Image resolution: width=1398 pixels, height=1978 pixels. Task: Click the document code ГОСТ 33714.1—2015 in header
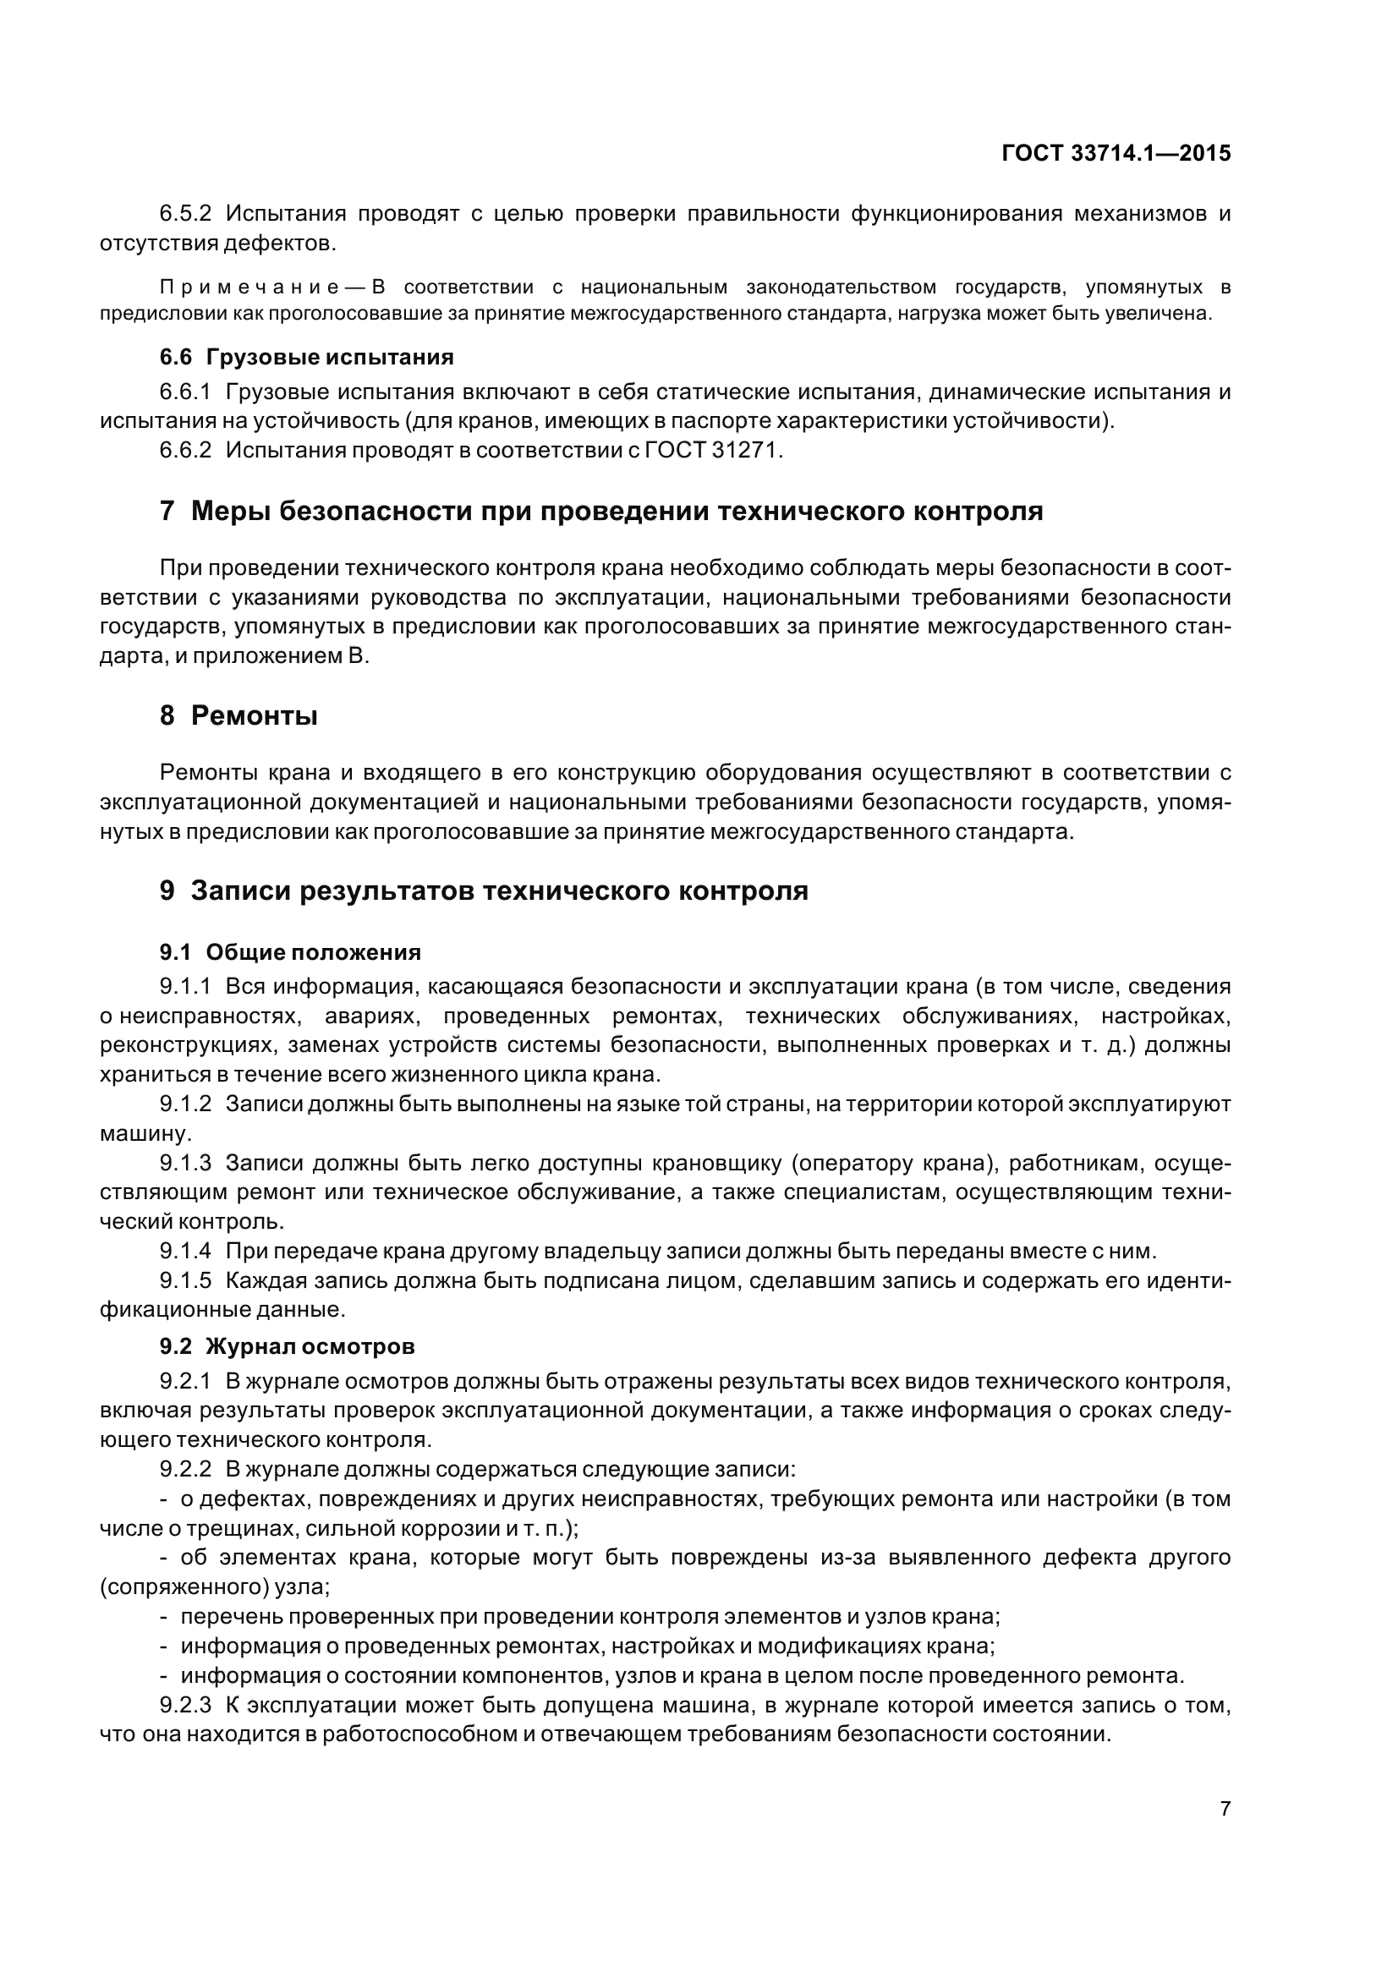[1116, 153]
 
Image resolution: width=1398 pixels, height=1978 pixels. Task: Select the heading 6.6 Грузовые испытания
[307, 357]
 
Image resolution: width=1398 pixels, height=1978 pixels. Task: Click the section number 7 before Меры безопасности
[167, 512]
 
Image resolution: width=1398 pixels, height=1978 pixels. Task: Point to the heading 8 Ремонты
[238, 715]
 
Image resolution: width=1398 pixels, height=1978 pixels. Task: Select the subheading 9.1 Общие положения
[290, 952]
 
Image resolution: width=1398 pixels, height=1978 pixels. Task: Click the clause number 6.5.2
[185, 214]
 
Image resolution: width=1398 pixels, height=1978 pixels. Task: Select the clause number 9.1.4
[185, 1251]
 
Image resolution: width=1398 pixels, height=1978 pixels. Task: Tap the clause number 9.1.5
[185, 1280]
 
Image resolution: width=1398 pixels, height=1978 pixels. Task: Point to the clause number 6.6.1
[185, 392]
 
